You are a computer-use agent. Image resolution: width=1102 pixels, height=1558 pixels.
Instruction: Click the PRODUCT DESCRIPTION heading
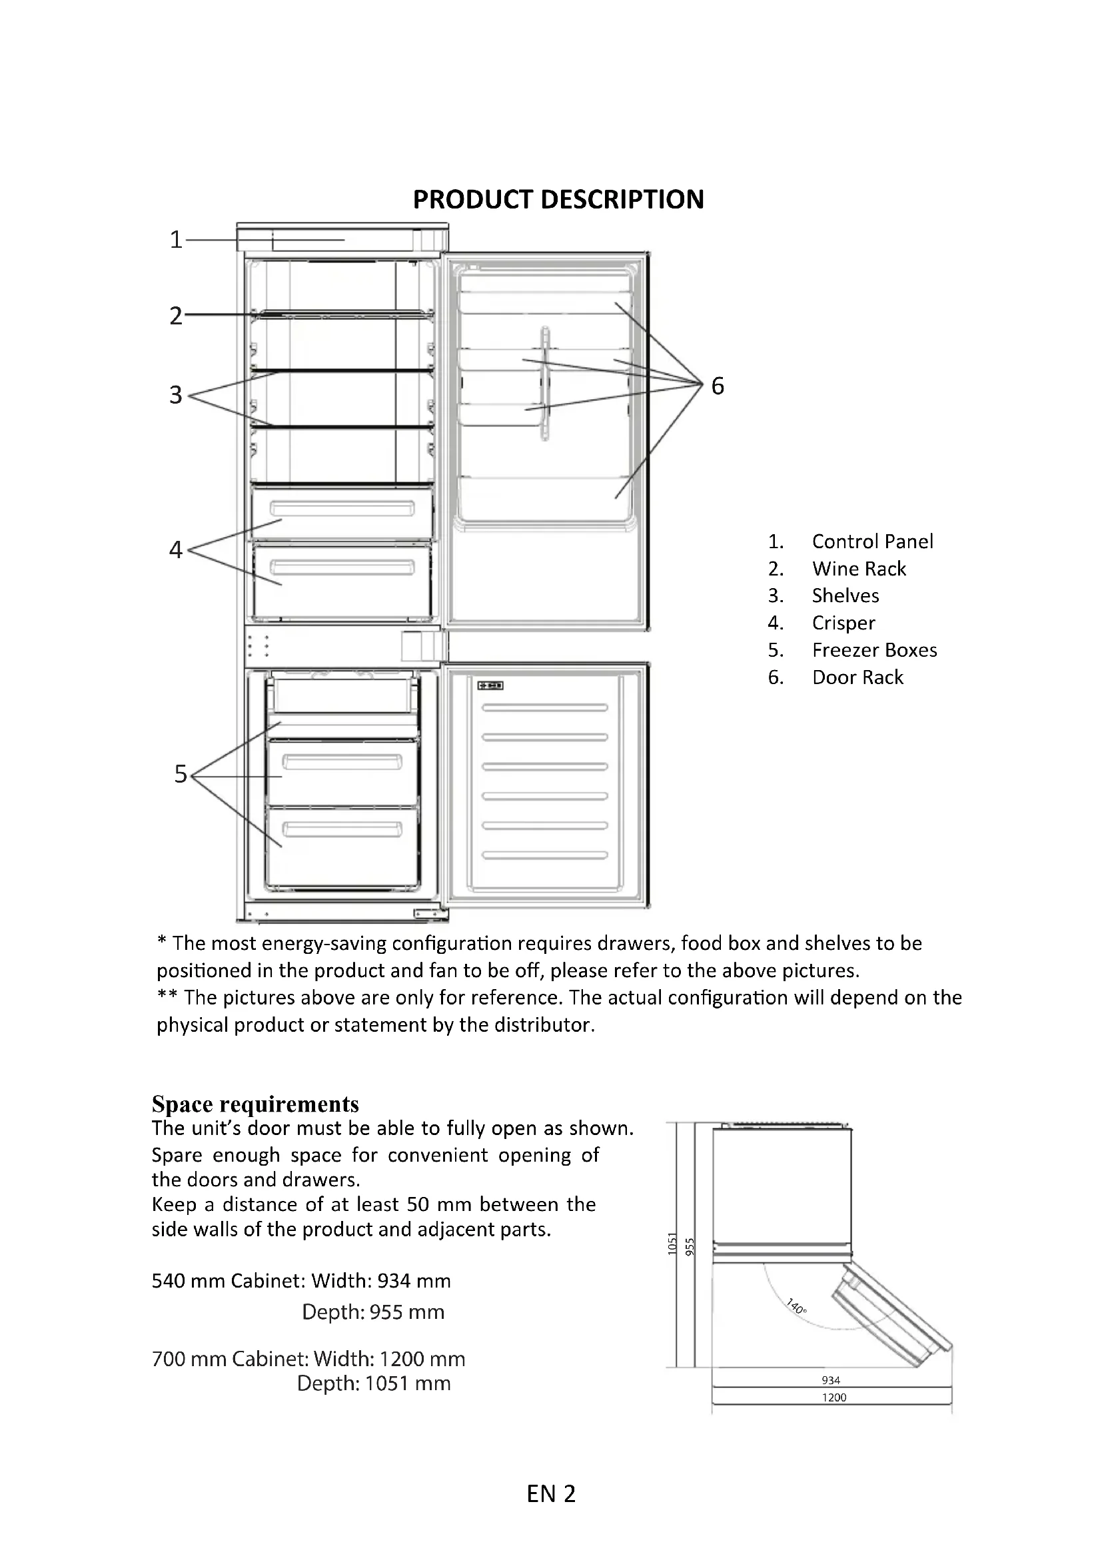pos(558,200)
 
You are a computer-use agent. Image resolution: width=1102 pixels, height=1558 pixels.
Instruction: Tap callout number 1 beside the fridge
pos(176,240)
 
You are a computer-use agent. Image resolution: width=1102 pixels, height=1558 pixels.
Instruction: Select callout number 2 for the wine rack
pos(176,316)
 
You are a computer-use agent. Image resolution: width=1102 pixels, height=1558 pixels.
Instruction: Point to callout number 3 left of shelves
pos(176,395)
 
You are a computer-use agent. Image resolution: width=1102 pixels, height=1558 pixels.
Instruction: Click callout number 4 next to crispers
pos(176,549)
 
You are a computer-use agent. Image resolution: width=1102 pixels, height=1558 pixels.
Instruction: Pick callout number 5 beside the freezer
pos(180,774)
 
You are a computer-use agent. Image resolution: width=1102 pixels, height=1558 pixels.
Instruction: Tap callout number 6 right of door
pos(718,386)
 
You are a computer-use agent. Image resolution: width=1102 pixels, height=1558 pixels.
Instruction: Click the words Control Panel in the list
pos(872,542)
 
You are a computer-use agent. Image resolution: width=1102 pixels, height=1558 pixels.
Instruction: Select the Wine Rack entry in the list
pos(858,569)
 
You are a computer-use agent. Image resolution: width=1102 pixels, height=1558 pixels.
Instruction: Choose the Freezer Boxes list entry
pos(874,650)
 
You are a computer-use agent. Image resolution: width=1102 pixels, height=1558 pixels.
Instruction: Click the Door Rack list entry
pos(857,677)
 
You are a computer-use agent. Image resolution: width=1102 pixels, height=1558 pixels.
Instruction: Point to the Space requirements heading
pos(255,1104)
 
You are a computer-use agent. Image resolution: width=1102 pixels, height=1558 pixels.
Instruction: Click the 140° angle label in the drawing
pos(796,1306)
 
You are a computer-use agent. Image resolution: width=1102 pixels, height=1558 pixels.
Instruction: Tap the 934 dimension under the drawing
pos(831,1380)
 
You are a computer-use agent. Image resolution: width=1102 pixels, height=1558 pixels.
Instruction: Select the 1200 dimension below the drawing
pos(834,1397)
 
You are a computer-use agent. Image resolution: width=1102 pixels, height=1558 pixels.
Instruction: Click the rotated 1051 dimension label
pos(672,1243)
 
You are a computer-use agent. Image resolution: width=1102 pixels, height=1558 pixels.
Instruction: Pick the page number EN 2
pos(550,1494)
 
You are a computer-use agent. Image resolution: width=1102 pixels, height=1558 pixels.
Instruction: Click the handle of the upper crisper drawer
pos(342,509)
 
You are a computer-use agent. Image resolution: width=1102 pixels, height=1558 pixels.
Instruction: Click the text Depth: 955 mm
pos(372,1312)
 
